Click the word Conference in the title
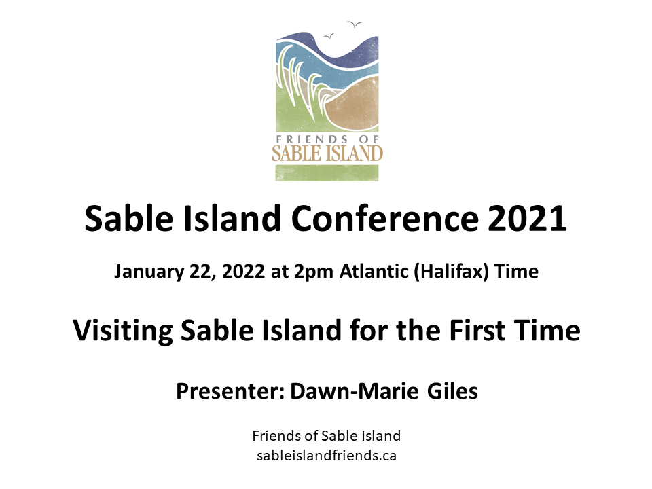click(384, 219)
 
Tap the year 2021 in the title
click(527, 219)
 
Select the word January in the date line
click(149, 272)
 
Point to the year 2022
click(243, 272)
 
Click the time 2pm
click(314, 272)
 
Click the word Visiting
click(123, 331)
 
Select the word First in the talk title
click(477, 331)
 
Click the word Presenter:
click(230, 391)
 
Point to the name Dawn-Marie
click(355, 391)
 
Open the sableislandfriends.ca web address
click(327, 456)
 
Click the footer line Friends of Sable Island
click(327, 436)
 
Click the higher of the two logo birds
click(355, 24)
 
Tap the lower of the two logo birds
click(329, 37)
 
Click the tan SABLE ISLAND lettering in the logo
click(327, 153)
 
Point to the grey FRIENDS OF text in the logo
click(327, 139)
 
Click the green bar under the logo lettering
click(327, 173)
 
